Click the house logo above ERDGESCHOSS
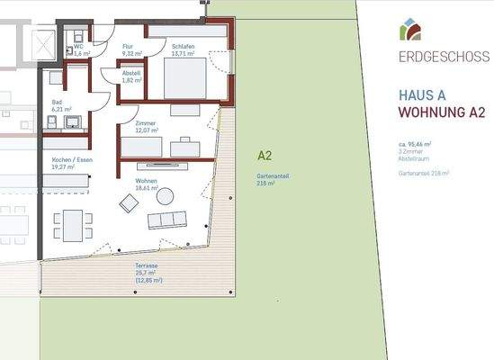coord(410,30)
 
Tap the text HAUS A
coord(422,95)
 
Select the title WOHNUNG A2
coord(441,113)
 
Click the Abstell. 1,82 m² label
coord(132,77)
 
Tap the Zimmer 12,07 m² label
coord(146,127)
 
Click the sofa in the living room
coord(168,220)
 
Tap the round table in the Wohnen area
coord(166,196)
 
